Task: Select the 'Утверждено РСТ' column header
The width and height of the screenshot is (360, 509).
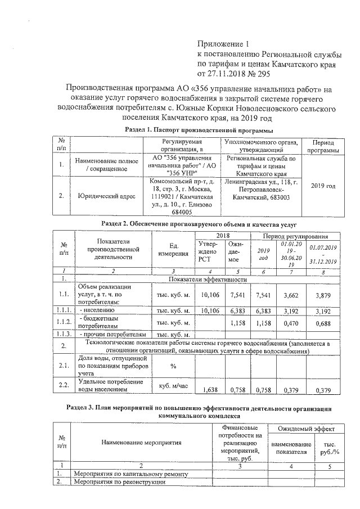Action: [208, 253]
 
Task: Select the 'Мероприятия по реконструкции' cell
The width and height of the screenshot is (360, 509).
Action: [118, 482]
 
